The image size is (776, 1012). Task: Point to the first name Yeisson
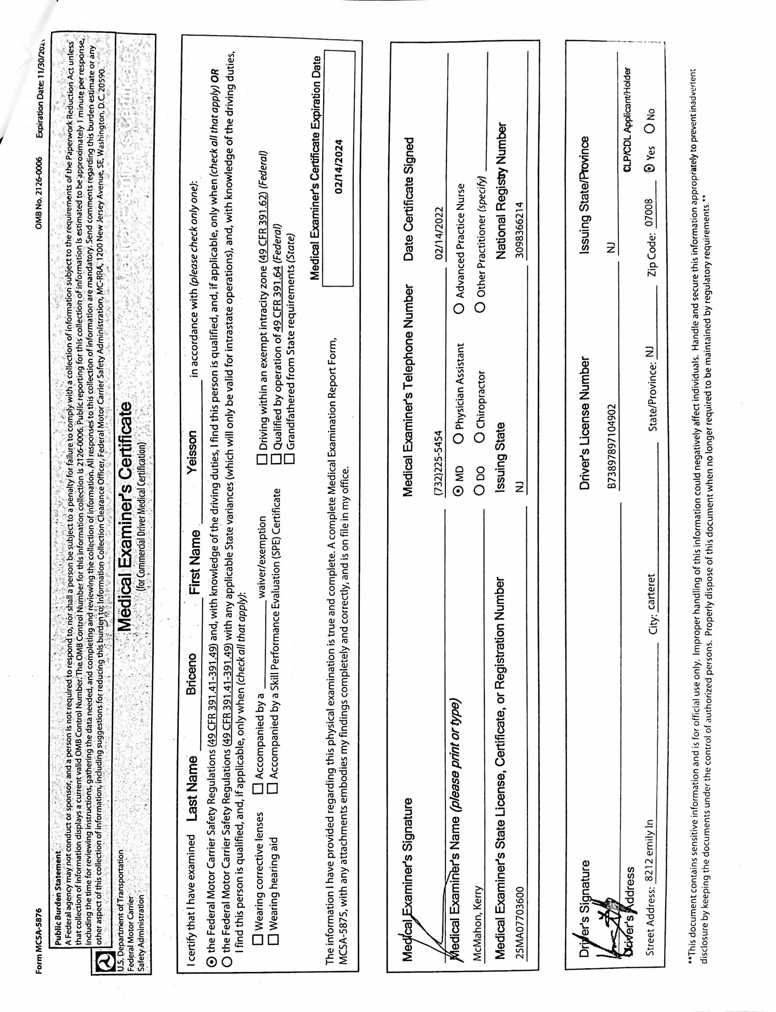click(192, 451)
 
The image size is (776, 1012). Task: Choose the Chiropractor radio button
click(479, 437)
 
